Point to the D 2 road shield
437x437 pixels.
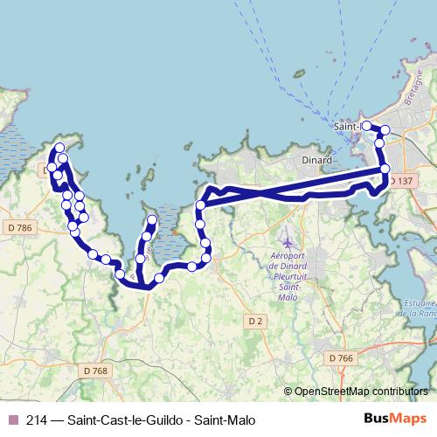254,321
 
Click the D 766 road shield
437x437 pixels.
342,357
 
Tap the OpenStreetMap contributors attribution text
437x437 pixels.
361,392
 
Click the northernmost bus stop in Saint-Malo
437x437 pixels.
366,126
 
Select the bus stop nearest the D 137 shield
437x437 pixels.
385,169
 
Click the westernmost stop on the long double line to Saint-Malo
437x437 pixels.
200,205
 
